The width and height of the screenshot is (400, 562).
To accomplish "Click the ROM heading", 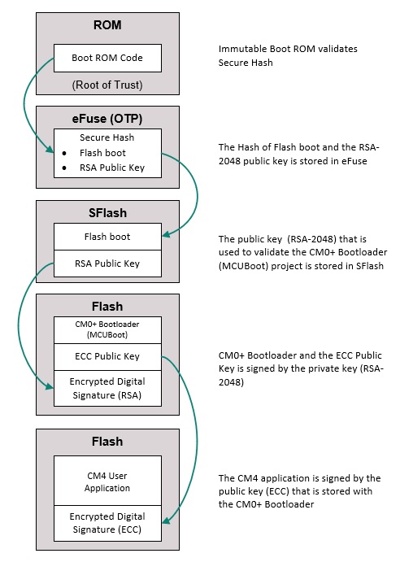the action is [107, 25].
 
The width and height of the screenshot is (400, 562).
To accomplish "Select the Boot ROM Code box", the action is [107, 58].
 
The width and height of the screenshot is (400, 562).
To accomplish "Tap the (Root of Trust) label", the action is [107, 85].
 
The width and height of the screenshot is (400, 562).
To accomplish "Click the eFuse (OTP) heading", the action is [107, 119].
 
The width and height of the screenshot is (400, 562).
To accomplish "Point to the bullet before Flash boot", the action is [64, 154].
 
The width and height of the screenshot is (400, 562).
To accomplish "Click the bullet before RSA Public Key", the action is [64, 168].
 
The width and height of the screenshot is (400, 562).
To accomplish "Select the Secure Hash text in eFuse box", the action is [107, 137].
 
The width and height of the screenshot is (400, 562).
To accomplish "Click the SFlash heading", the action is [107, 213].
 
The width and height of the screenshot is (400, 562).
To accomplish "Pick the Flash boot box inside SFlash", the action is [107, 237].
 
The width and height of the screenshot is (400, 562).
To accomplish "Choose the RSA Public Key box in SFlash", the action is [107, 264].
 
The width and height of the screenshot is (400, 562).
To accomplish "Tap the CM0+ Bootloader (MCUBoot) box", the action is [107, 330].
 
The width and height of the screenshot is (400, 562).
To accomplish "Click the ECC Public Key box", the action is [107, 357].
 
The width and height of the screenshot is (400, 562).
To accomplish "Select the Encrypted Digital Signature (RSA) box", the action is [107, 389].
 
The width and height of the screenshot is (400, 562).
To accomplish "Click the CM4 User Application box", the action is [107, 481].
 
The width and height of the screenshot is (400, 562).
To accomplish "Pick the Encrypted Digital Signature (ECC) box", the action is [107, 523].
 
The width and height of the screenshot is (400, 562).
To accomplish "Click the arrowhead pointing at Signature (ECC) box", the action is [166, 521].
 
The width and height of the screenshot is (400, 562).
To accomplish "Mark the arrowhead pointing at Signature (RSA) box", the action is [50, 386].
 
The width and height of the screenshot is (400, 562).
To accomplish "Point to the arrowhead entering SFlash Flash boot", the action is [166, 235].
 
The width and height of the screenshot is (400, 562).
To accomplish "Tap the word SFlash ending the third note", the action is [370, 266].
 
